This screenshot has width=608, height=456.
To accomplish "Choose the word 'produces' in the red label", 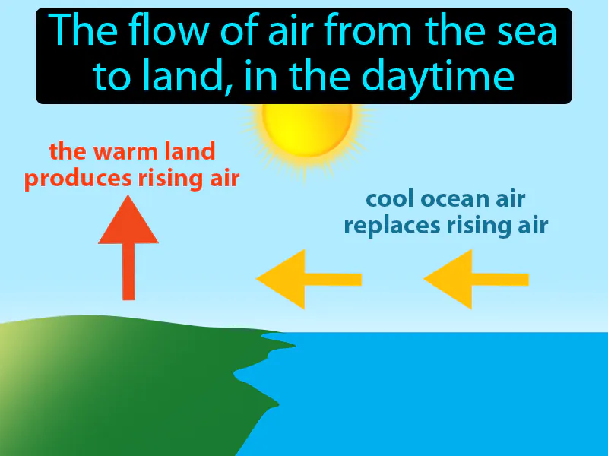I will (70, 179).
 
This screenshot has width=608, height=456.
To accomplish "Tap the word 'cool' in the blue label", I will (390, 198).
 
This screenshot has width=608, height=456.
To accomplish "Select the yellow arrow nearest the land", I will (308, 279).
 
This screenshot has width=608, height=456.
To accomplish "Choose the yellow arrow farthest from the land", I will (475, 279).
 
